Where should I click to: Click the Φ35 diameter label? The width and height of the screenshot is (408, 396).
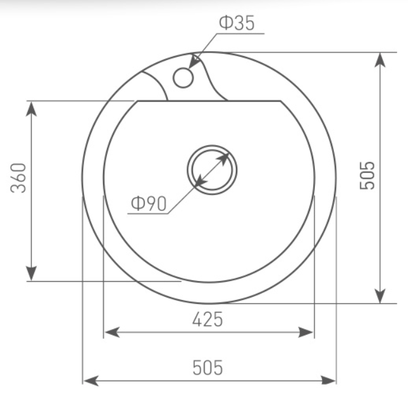tap(237, 23)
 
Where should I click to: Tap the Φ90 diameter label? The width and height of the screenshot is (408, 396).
tap(149, 203)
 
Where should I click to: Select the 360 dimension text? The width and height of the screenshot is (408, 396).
tap(18, 178)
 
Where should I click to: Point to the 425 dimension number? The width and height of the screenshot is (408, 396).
tap(207, 319)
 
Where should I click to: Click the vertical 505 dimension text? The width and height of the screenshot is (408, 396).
tap(367, 176)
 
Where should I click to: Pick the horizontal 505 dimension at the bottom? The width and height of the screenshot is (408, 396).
tap(207, 368)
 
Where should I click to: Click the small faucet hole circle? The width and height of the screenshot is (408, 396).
tap(183, 78)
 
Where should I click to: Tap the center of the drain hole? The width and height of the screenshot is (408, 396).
tap(212, 170)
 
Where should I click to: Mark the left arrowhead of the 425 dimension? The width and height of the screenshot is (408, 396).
tap(112, 332)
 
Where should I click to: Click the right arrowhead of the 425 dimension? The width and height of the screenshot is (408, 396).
tap(306, 332)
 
